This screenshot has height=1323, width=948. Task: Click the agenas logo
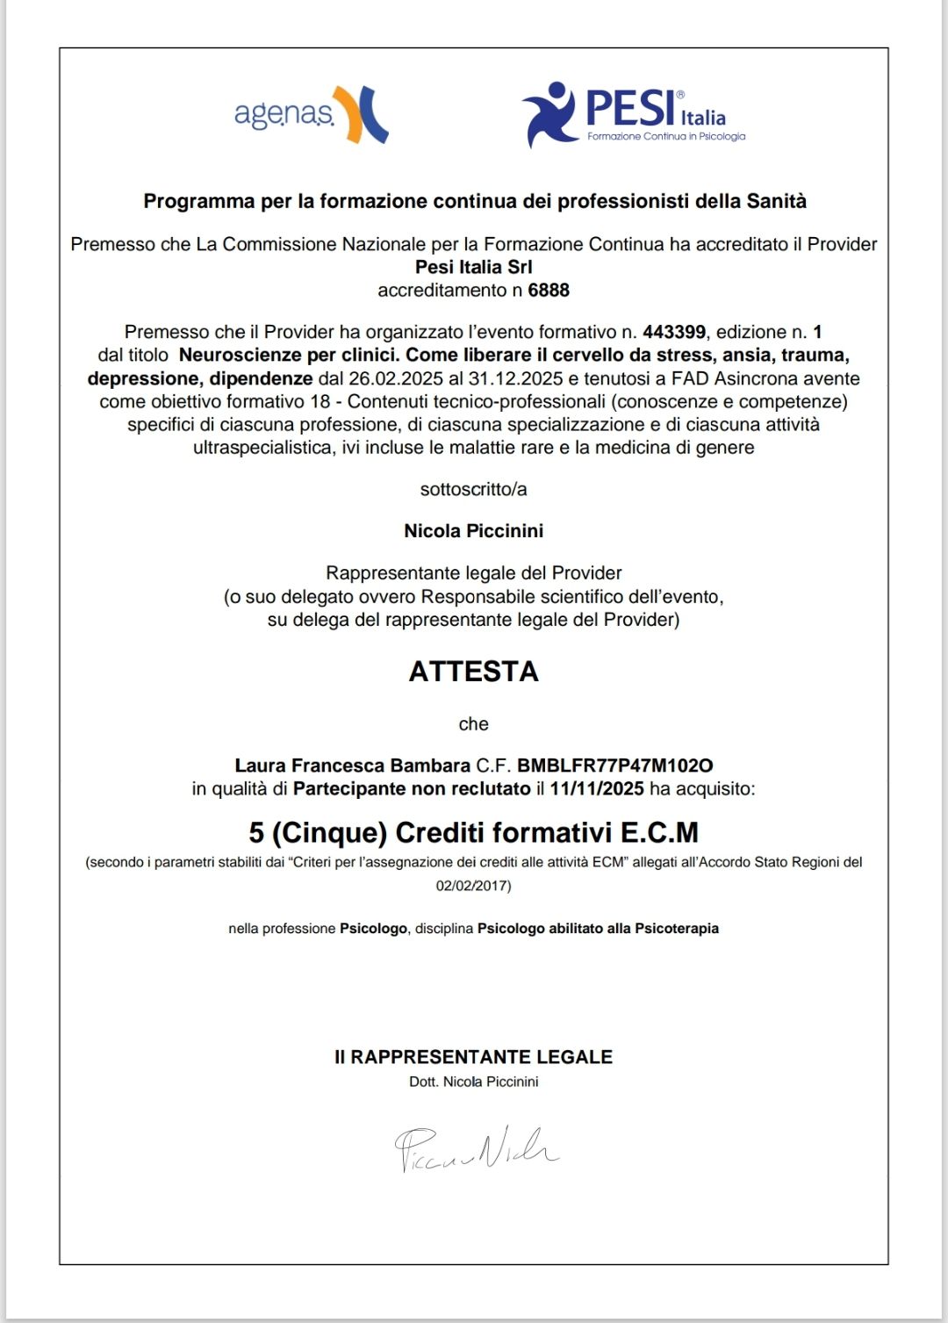point(311,115)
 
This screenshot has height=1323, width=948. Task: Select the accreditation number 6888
point(549,291)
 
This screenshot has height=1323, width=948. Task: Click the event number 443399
point(674,332)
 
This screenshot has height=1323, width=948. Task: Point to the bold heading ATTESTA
point(473,672)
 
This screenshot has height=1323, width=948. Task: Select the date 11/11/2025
point(597,788)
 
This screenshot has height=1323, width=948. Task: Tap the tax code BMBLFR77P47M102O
point(614,766)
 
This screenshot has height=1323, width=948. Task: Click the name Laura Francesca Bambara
point(352,766)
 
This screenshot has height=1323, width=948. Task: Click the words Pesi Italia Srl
point(473,267)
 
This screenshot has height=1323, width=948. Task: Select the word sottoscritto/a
point(473,489)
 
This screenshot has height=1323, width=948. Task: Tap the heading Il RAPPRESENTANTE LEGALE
point(473,1057)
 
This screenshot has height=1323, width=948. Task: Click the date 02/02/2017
point(473,886)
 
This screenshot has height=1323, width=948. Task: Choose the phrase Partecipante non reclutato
point(412,788)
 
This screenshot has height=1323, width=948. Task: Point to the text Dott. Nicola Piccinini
point(473,1082)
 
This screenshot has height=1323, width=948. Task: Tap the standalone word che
point(473,724)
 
